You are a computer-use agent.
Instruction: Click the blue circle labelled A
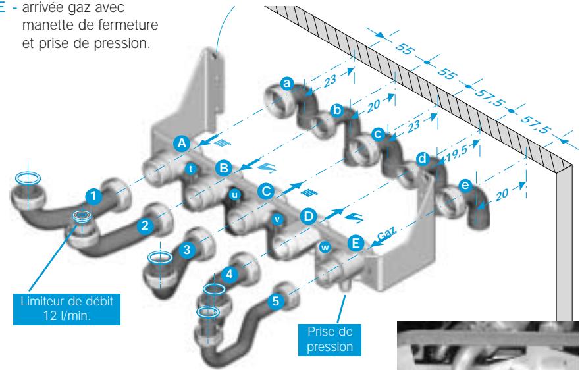pos(182,144)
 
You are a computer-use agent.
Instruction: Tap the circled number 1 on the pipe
pos(93,196)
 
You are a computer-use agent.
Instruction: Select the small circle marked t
pos(191,169)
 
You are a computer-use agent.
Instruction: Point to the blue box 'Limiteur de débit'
pos(66,309)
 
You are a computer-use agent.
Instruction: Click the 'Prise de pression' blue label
pos(330,339)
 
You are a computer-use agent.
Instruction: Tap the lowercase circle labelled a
pos(286,83)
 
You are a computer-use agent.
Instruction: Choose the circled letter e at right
pos(465,185)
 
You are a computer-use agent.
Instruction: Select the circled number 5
pos(275,301)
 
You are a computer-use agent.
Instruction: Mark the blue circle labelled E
pos(356,243)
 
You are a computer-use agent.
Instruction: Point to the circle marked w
pos(325,247)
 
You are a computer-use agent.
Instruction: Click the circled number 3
pos(187,250)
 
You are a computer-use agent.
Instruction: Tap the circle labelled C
pos(266,192)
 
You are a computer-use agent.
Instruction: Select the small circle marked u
pos(234,194)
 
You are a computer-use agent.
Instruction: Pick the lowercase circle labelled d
pos(423,159)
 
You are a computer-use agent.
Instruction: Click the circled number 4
pos(229,275)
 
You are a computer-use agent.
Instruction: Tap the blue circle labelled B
pos(224,168)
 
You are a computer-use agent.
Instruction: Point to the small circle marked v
pos(277,219)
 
